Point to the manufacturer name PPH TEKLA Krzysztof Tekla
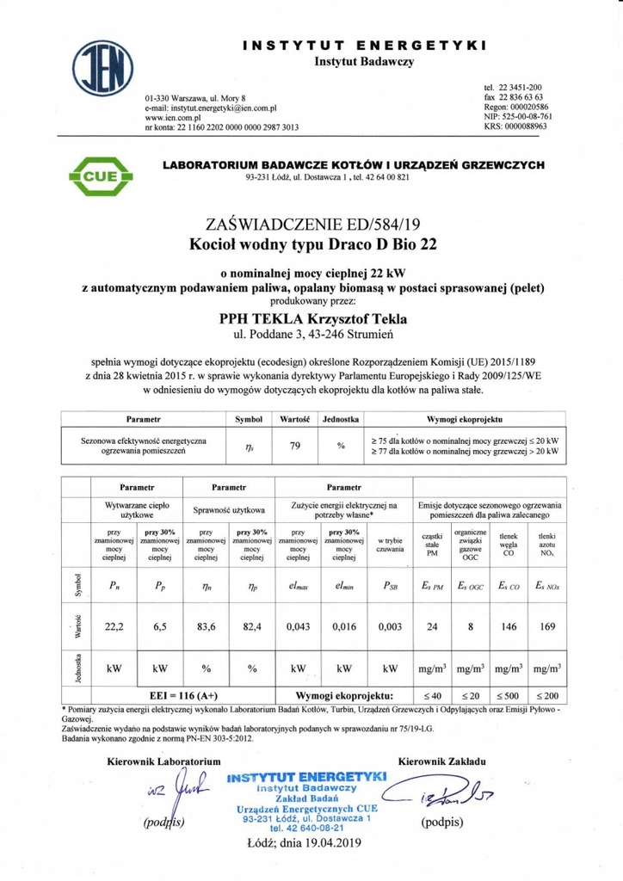[x=313, y=319]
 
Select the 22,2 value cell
[x=114, y=626]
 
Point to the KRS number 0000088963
[x=516, y=126]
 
